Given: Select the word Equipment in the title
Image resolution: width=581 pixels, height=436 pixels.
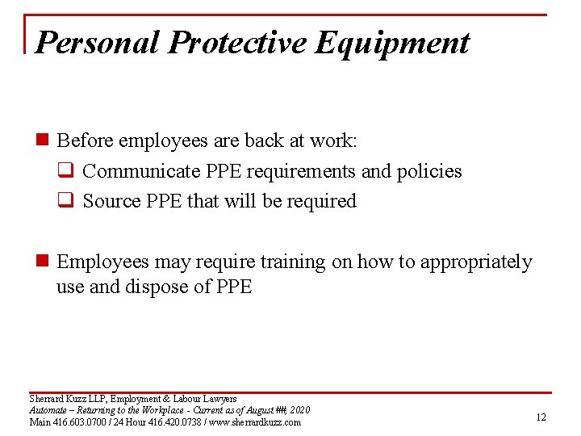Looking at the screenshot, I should click(392, 42).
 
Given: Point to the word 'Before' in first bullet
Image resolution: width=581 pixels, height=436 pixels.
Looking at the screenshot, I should click(85, 140).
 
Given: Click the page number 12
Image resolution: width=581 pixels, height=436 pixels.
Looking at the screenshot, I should click(541, 417).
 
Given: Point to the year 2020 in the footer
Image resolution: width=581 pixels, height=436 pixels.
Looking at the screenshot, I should click(298, 410).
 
